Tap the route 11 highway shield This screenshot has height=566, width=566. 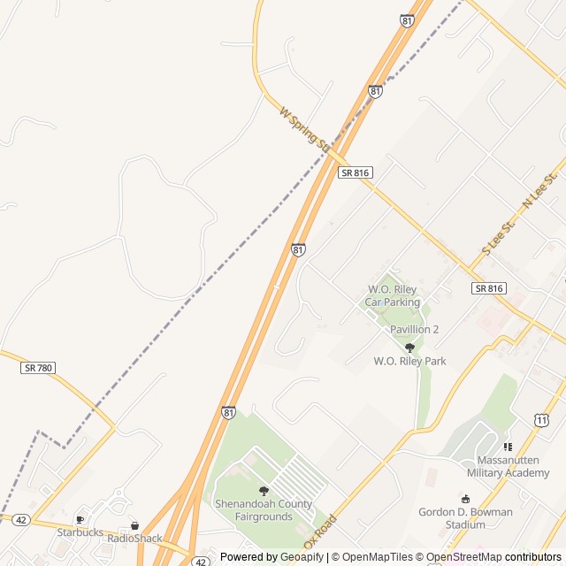(540, 419)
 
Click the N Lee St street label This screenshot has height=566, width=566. (541, 192)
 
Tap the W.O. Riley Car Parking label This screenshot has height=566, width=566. (393, 296)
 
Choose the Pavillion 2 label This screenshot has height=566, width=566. (415, 330)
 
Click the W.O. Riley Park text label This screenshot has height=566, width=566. (409, 361)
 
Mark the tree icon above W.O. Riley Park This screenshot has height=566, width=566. (409, 348)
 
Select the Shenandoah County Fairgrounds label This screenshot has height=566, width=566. (264, 509)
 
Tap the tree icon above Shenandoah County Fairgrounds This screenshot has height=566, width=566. (264, 491)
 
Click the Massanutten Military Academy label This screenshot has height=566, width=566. (513, 466)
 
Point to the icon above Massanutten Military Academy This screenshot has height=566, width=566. (508, 447)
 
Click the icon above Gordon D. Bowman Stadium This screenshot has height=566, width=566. (466, 500)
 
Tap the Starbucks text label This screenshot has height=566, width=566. (80, 532)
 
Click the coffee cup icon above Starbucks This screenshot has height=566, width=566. (80, 519)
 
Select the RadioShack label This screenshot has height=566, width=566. (134, 538)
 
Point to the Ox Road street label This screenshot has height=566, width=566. (320, 531)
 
